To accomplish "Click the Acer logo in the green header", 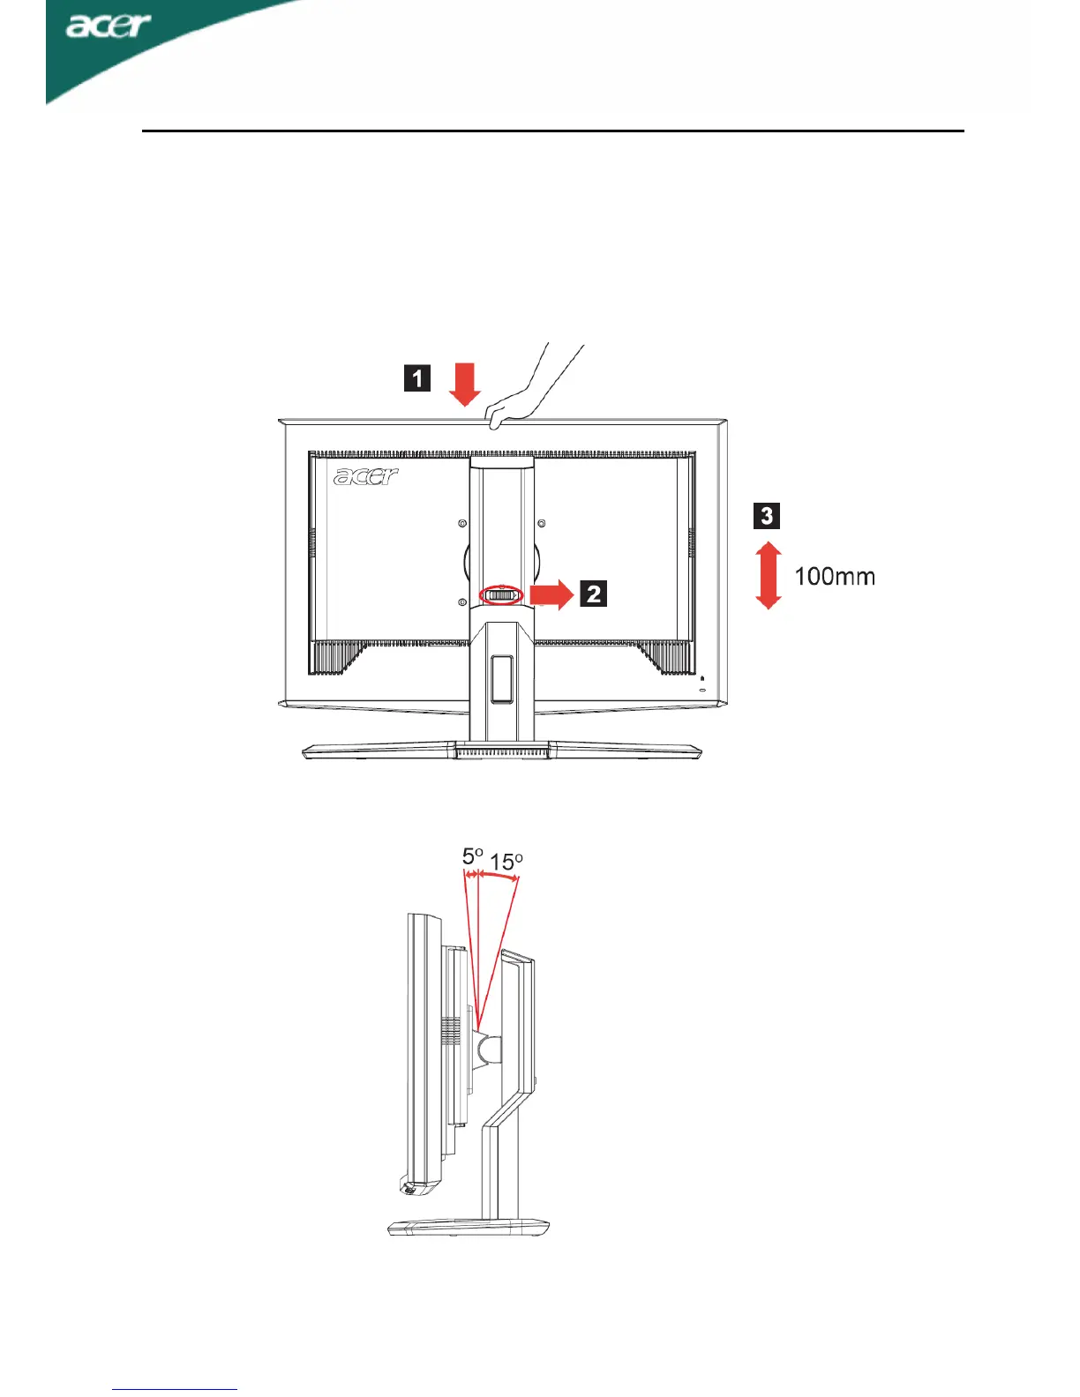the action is (x=108, y=26).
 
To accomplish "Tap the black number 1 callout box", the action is (x=417, y=378).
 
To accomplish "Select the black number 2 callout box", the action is (x=594, y=594).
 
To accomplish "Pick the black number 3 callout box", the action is (x=767, y=515).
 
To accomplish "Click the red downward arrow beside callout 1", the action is (x=464, y=385).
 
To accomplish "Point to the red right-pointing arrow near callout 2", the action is (x=551, y=594).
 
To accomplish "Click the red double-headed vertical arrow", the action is (x=769, y=575).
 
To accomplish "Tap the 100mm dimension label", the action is (x=835, y=577).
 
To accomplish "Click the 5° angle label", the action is (x=473, y=856).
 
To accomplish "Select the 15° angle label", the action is (x=506, y=861).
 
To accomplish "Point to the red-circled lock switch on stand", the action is (x=501, y=596).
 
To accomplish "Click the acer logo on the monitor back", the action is (x=366, y=476).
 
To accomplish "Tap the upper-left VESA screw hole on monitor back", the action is (x=462, y=524).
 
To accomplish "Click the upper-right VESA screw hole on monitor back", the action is (x=541, y=524).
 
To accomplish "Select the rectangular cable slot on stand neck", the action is (x=501, y=677).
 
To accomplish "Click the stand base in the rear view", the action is (x=502, y=751).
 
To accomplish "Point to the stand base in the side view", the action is (x=469, y=1226).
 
